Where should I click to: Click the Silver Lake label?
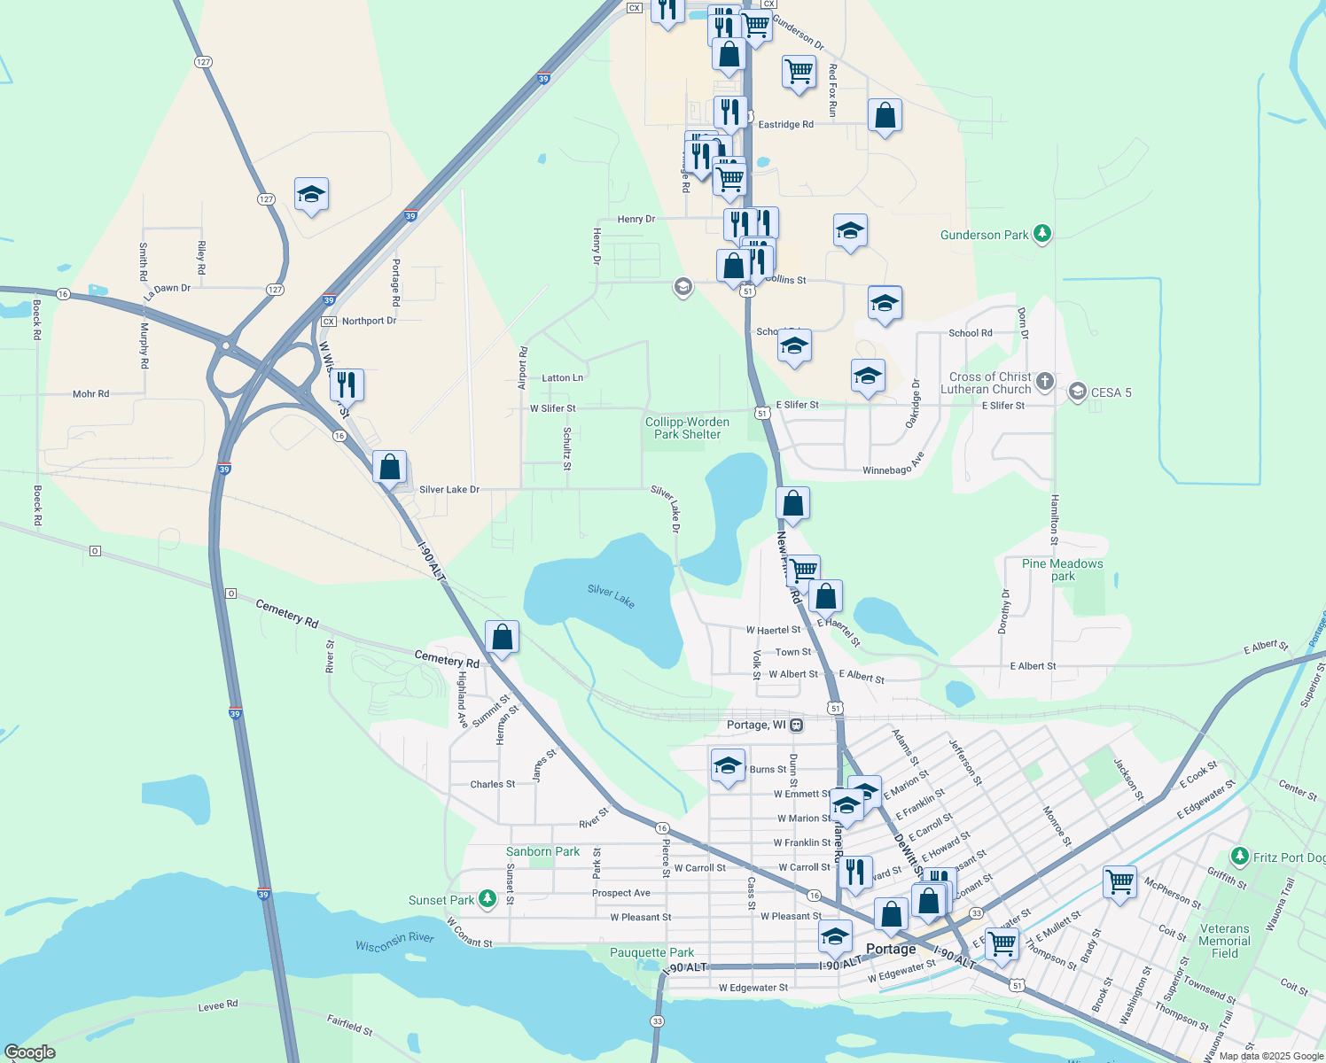[x=612, y=597]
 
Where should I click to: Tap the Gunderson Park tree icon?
[x=1043, y=234]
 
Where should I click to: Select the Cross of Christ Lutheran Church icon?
[x=1045, y=382]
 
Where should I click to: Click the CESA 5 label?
[x=1111, y=392]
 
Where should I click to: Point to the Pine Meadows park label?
[x=1063, y=570]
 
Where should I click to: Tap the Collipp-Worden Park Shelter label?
[x=687, y=428]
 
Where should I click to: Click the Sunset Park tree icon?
[x=487, y=899]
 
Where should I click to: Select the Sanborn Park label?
[x=542, y=851]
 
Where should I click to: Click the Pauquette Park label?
[x=651, y=952]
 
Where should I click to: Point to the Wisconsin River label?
[x=394, y=942]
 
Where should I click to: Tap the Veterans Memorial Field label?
[x=1225, y=941]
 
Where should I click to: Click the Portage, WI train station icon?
[x=797, y=725]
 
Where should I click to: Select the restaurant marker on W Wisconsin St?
[x=347, y=384]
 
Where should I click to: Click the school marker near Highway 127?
[x=311, y=194]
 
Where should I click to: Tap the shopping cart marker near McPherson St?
[x=1120, y=881]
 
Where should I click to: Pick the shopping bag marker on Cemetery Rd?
[x=502, y=637]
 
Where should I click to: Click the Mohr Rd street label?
[x=91, y=393]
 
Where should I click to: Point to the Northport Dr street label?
[x=369, y=321]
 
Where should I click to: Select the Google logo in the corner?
[x=30, y=1052]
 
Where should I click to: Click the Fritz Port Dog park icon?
[x=1240, y=857]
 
